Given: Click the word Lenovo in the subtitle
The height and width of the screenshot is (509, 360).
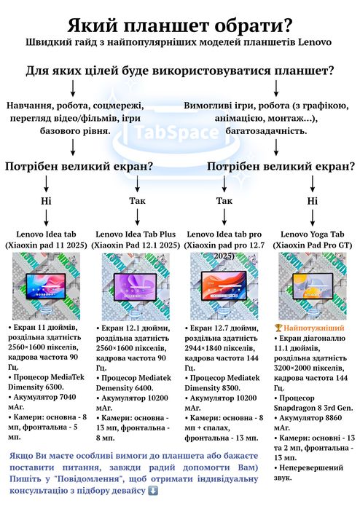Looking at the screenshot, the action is coord(315,42).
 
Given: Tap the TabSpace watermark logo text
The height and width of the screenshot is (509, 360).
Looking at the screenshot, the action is coord(176,132).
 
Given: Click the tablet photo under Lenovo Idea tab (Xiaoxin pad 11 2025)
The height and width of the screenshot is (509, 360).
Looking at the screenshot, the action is coord(46,286).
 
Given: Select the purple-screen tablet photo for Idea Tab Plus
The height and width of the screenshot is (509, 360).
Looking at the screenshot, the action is coord(136,287).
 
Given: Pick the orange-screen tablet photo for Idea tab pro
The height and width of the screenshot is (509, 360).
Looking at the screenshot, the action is coord(224,286).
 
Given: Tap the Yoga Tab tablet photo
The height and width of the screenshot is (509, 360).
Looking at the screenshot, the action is coord(313,286).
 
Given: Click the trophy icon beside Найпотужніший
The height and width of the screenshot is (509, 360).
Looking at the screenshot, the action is coord(278,328).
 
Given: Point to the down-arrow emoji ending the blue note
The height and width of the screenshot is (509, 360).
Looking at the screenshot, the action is coord(153,491).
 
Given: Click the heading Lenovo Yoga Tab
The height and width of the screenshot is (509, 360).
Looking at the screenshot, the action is coord(312,234).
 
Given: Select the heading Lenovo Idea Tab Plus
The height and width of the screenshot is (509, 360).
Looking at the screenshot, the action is coord(136,234).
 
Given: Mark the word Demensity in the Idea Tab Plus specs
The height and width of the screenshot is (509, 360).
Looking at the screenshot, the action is coord(115,388).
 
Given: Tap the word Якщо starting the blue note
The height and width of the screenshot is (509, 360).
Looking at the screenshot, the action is coord(21,456).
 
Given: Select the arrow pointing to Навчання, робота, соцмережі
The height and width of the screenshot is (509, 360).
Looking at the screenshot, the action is coord(73,89).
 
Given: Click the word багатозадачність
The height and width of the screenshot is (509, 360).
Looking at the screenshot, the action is coord(266,131).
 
